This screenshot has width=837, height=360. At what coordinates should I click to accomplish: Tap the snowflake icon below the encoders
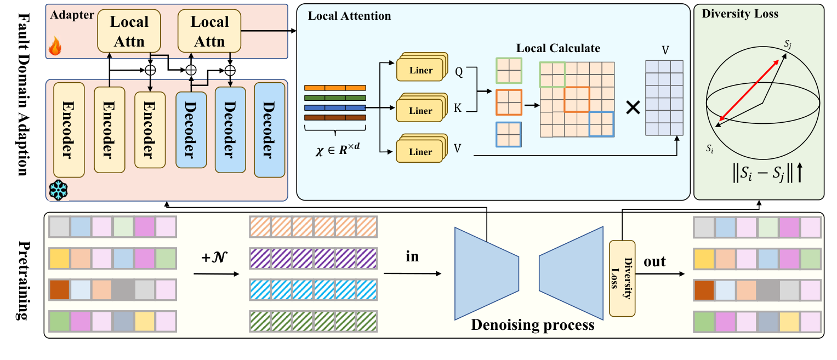tap(58, 188)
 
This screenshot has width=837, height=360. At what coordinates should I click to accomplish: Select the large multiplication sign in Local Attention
tap(633, 108)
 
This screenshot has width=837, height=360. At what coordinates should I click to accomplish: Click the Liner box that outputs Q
tap(420, 70)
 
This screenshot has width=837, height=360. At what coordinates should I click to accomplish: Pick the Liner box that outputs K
tap(420, 110)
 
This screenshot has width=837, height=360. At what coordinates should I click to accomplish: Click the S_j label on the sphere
tap(788, 44)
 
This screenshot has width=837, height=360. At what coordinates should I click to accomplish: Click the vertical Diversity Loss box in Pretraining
tap(622, 278)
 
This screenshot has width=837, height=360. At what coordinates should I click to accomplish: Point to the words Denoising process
tap(532, 325)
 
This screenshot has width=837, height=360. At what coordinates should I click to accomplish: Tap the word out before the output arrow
tap(654, 261)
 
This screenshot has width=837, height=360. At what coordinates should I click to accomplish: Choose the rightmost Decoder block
tap(269, 130)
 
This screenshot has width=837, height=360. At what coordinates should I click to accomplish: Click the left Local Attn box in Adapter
tap(129, 31)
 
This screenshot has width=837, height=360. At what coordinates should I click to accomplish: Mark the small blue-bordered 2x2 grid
tap(508, 134)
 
